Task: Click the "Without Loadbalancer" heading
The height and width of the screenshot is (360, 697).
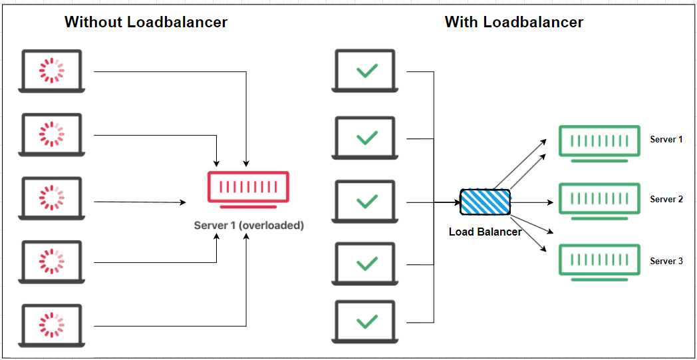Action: [146, 22]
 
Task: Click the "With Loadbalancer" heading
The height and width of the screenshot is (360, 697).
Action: [513, 22]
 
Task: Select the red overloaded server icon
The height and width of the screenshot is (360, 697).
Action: [248, 188]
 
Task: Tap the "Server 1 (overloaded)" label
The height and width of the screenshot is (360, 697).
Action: [249, 226]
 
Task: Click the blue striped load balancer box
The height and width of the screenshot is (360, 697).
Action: [486, 202]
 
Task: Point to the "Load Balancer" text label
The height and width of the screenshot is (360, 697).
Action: [485, 232]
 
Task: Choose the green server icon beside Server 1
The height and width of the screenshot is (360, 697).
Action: [594, 142]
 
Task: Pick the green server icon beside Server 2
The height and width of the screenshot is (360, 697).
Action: [594, 200]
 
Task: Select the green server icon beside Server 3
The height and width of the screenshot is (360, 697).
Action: [594, 261]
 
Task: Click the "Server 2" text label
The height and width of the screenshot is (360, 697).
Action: [666, 200]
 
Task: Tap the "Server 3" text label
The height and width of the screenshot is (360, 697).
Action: [666, 261]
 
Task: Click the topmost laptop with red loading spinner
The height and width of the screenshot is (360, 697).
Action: [51, 71]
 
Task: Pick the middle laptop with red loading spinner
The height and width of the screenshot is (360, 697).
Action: [51, 198]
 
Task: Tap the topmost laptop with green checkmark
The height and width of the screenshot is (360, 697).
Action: [366, 71]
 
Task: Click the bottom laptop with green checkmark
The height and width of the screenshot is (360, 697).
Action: [366, 322]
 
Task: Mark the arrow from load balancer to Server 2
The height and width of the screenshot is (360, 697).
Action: [532, 202]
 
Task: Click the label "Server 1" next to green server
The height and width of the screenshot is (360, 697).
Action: [666, 140]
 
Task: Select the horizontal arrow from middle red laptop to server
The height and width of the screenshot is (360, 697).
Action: [140, 202]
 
